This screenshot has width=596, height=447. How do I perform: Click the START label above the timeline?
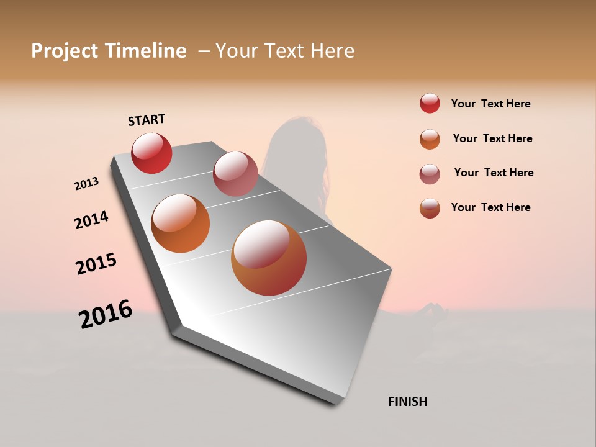147,120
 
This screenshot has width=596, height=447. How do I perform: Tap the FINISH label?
407,402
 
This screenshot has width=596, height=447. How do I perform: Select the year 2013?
87,184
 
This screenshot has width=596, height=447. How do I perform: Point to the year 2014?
92,220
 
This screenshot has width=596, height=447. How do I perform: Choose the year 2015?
96,264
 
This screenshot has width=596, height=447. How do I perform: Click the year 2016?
106,314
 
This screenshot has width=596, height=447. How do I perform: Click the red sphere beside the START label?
151,153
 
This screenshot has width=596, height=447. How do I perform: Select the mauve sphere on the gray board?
235,174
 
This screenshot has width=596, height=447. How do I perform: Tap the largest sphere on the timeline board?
269,258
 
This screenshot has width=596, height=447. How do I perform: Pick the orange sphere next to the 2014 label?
181,223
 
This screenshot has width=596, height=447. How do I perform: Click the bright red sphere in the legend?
430,104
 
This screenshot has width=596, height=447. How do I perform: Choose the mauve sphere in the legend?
430,174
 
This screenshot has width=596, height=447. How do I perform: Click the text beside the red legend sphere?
490,104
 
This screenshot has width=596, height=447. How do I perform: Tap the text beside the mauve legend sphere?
494,173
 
